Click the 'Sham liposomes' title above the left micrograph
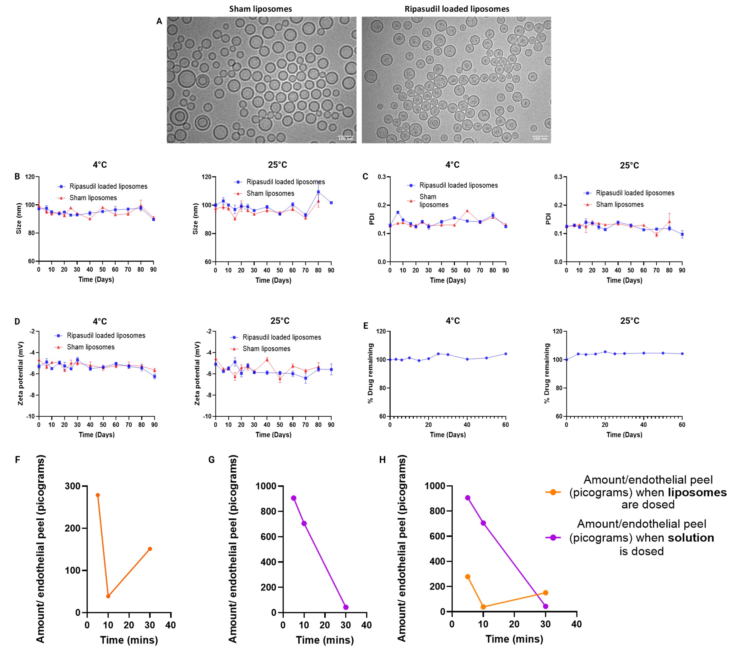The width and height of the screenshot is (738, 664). click(260, 9)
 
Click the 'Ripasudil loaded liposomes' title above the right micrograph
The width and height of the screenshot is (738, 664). click(457, 9)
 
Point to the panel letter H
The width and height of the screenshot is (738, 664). click(382, 460)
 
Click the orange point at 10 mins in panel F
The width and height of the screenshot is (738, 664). click(108, 596)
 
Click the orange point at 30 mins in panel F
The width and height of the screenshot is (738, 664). click(150, 549)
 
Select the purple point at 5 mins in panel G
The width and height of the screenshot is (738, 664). click(293, 498)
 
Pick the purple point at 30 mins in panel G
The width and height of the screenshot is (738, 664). click(346, 607)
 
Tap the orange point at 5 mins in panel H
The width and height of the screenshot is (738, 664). click(468, 577)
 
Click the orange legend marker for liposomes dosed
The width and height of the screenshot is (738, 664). click(553, 492)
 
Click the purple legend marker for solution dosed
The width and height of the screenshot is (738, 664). click(553, 537)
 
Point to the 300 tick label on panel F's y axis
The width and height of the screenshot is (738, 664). click(72, 486)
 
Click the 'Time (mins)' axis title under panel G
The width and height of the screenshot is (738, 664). click(324, 640)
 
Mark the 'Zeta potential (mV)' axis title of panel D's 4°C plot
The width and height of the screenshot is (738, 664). click(20, 373)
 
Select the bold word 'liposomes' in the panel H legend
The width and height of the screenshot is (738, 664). click(697, 493)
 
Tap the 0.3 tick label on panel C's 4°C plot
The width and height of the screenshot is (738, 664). click(382, 177)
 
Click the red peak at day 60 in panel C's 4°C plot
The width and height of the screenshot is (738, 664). click(467, 211)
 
